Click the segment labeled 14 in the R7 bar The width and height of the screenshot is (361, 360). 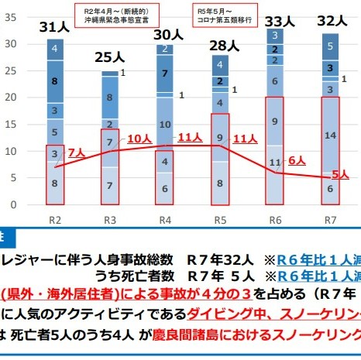pyautogui.click(x=331, y=135)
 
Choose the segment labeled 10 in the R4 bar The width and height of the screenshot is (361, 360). pyautogui.click(x=164, y=124)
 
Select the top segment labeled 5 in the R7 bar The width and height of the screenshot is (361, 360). pyautogui.click(x=331, y=46)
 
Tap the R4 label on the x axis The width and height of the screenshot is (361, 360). pyautogui.click(x=164, y=218)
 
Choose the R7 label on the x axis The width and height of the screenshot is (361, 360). pyautogui.click(x=331, y=218)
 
